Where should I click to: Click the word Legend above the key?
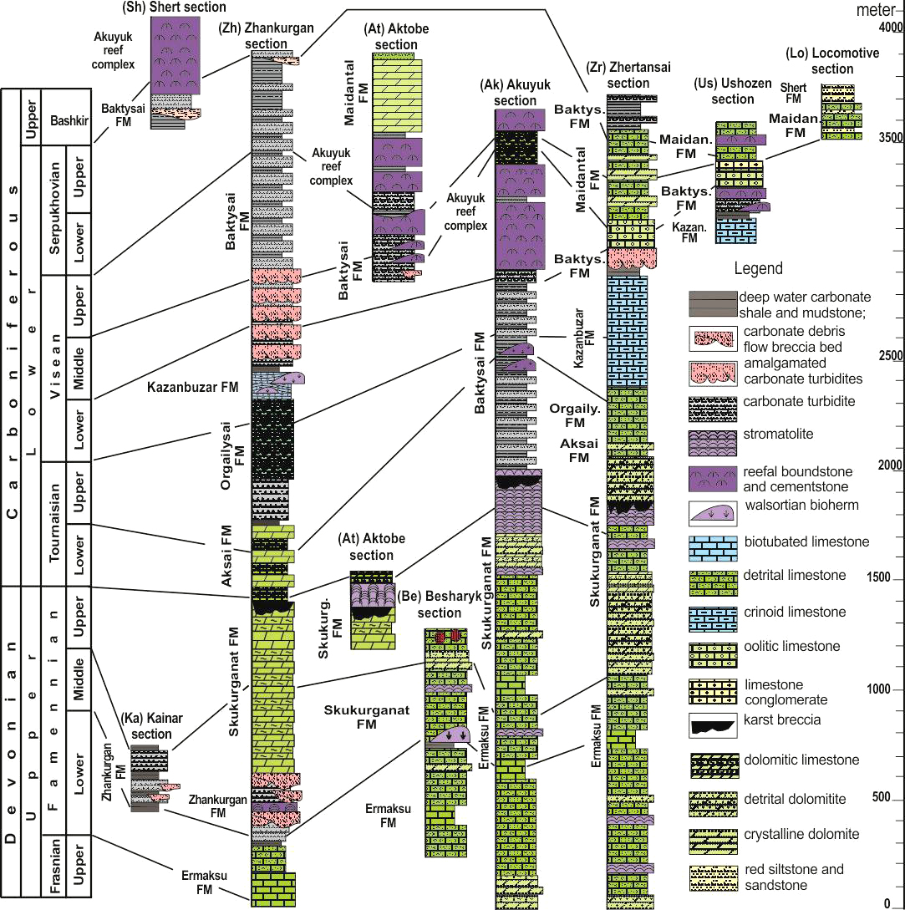(x=758, y=269)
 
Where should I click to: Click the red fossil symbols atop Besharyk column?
(x=449, y=638)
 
